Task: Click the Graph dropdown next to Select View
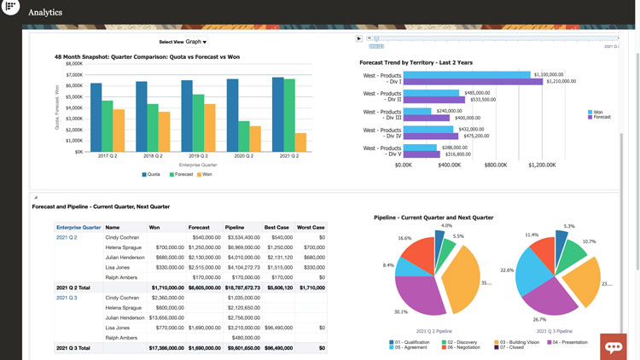tap(195, 41)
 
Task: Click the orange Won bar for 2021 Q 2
tap(300, 142)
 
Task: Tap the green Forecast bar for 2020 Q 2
tap(244, 136)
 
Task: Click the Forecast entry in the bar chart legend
tap(182, 174)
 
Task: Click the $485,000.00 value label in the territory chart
tap(477, 93)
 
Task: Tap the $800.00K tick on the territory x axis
tap(496, 165)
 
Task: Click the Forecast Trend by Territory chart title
tap(416, 62)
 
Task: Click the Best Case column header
tap(276, 228)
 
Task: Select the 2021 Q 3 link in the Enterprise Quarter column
tap(67, 298)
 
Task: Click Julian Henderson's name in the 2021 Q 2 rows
tap(125, 258)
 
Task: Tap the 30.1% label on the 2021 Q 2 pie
tap(400, 311)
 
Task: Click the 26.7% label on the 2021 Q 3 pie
tap(539, 319)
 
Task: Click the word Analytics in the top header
tap(45, 13)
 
